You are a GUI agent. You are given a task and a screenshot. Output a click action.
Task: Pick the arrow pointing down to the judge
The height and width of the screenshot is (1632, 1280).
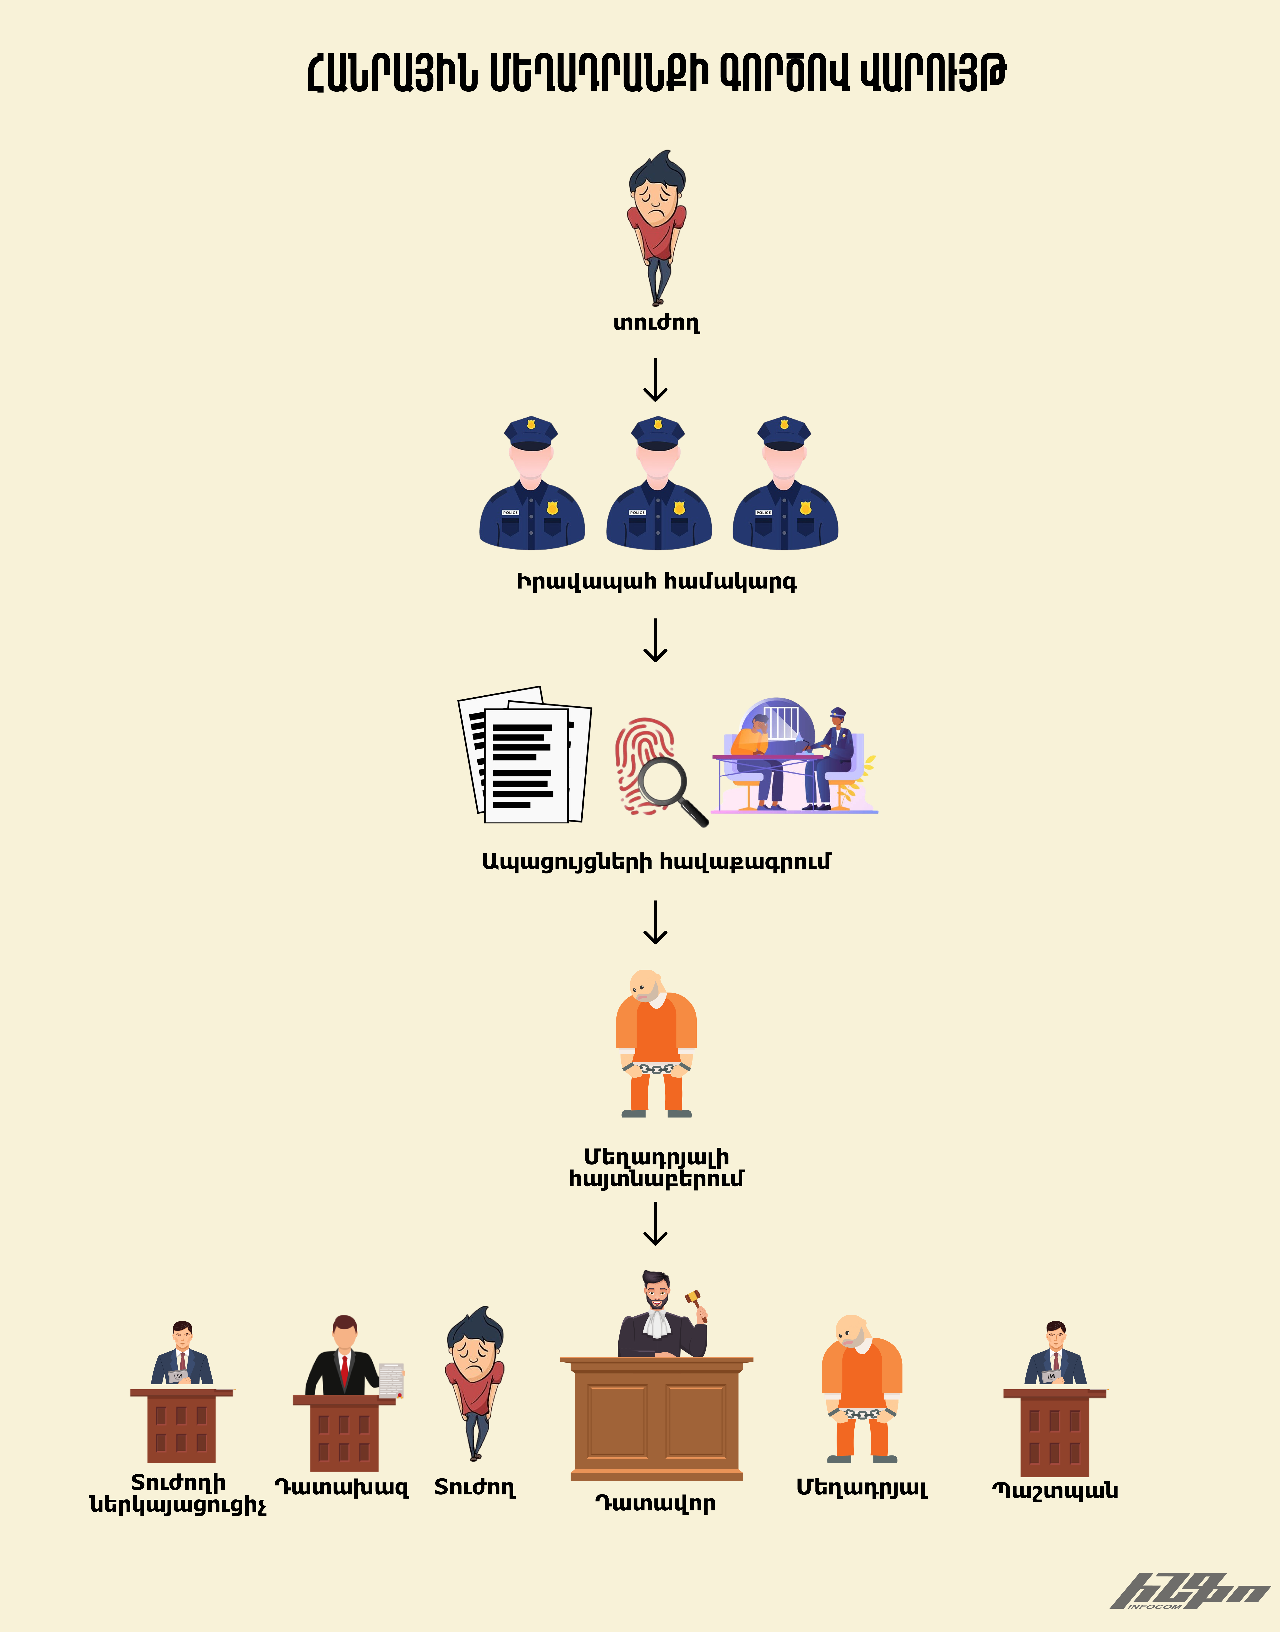656,1223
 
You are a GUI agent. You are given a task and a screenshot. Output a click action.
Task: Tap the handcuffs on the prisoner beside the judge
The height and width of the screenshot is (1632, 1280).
862,1414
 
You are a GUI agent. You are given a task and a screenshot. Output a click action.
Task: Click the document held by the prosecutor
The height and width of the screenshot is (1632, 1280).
391,1380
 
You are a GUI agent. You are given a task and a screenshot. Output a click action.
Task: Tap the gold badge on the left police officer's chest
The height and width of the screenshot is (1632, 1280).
552,508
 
